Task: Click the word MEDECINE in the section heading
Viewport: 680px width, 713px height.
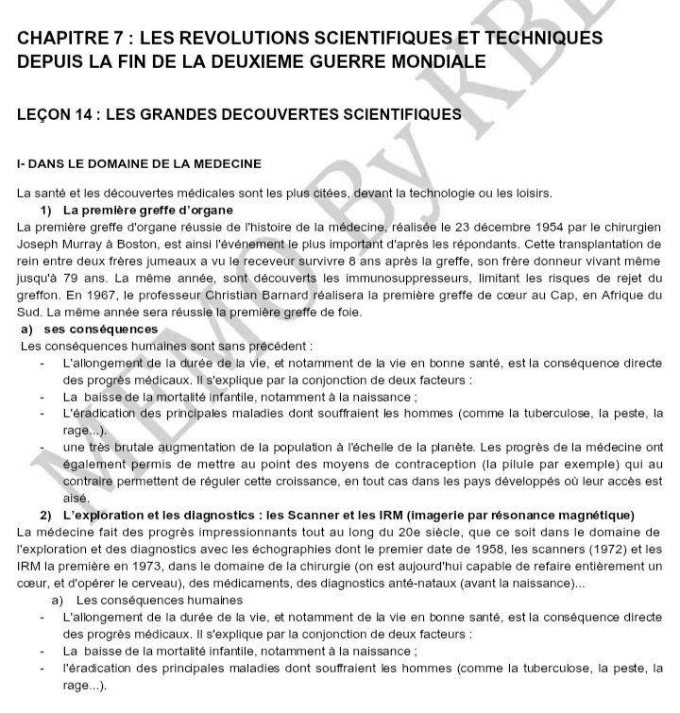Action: click(x=219, y=163)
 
